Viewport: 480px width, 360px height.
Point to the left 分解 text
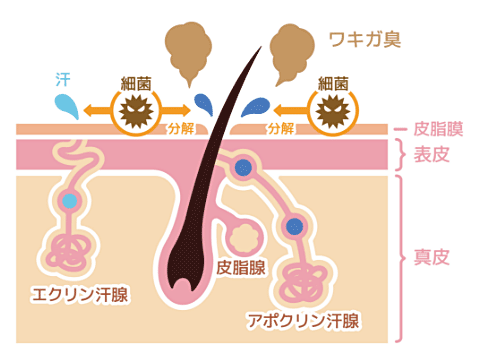pyautogui.click(x=181, y=129)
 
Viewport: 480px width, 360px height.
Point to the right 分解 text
pyautogui.click(x=280, y=129)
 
